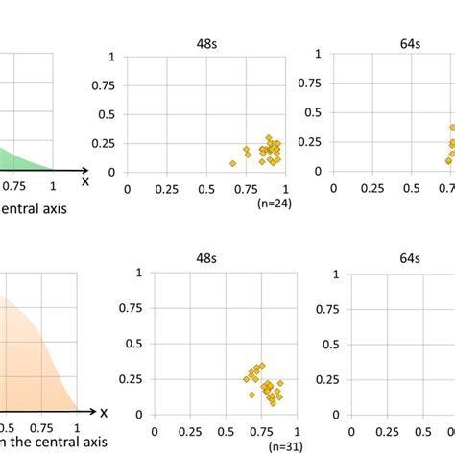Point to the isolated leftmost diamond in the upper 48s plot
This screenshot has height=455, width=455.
tap(233, 163)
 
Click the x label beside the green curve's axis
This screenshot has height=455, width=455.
tap(85, 180)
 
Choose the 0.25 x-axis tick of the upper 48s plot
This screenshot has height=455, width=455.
tap(170, 190)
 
